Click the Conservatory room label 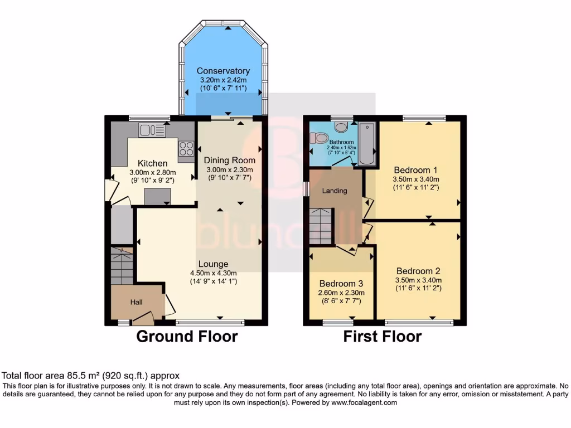point(223,71)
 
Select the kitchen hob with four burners point(186,148)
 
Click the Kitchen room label point(152,163)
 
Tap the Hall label point(137,302)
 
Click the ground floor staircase point(122,266)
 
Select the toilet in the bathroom point(320,138)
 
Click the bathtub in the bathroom point(367,143)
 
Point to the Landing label point(335,191)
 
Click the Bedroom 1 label point(416,170)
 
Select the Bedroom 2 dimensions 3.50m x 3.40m point(418,280)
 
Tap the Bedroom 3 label point(341,283)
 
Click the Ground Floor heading point(187,337)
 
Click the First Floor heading point(382,337)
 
